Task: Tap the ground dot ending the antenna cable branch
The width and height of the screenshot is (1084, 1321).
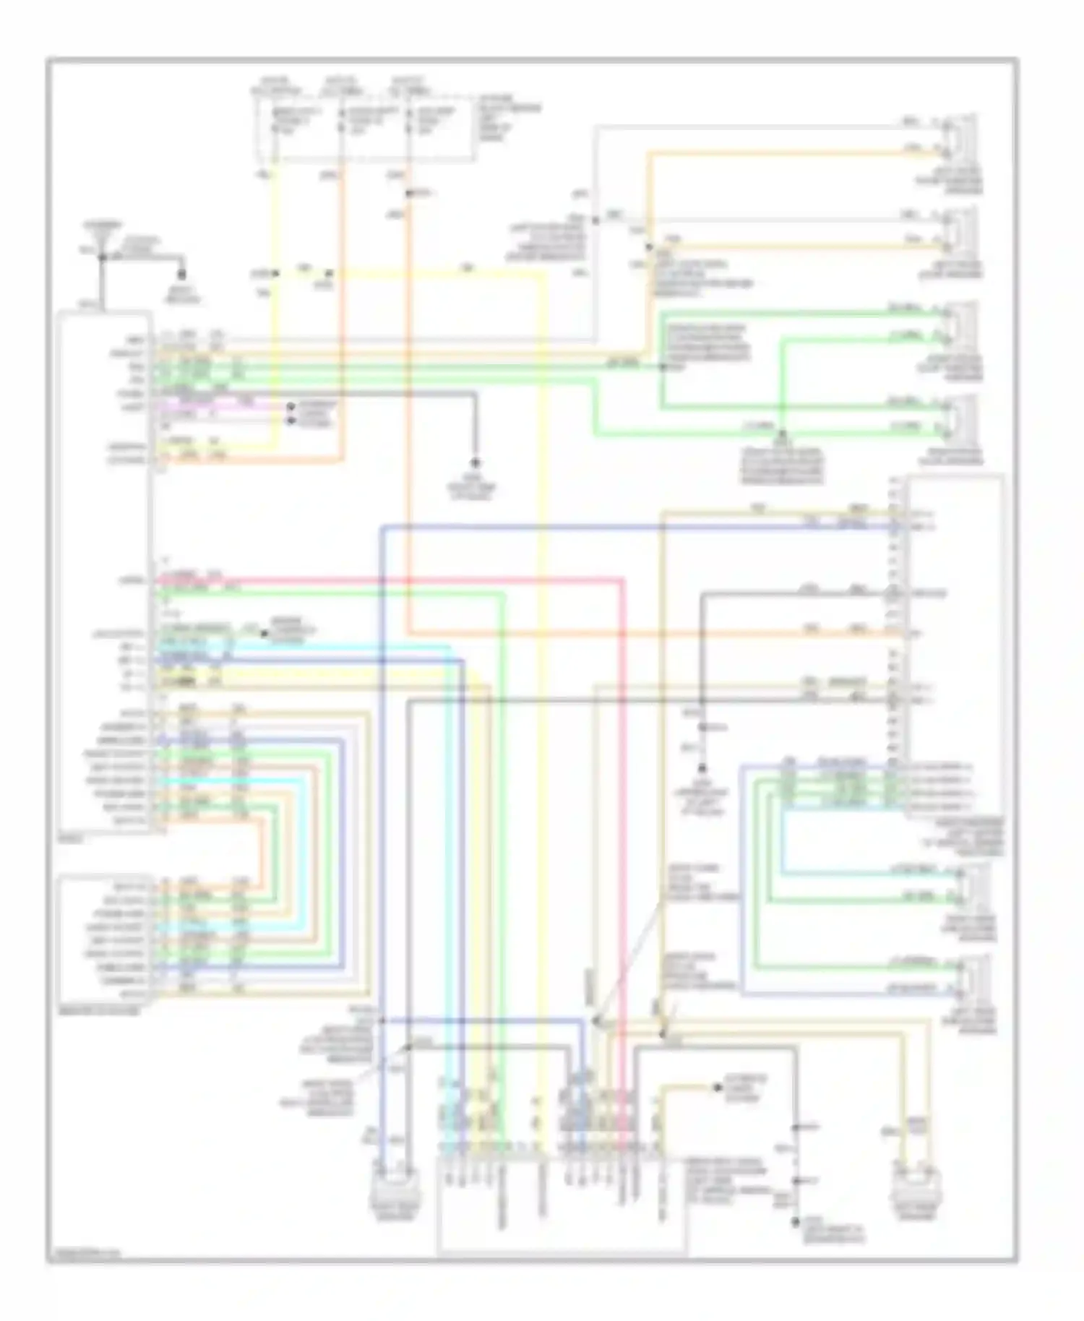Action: [x=181, y=275]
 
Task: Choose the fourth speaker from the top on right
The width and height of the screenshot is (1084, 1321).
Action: [x=961, y=417]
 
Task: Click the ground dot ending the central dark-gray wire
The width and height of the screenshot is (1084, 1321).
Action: [x=476, y=462]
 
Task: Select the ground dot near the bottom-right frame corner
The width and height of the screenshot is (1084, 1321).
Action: [x=796, y=1221]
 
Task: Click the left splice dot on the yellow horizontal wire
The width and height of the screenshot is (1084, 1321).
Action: [x=275, y=274]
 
